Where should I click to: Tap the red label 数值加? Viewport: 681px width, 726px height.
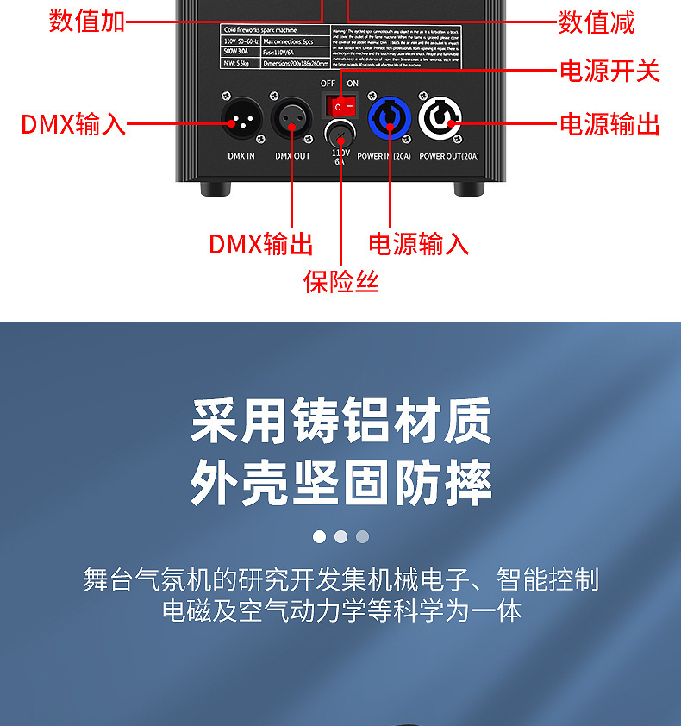point(87,22)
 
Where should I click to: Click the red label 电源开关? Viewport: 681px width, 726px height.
point(609,72)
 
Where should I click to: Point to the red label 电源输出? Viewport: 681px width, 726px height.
point(609,125)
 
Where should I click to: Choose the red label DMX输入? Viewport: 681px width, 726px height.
point(73,125)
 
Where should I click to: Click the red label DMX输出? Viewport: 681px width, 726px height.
point(260,244)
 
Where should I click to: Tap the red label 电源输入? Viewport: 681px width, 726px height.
point(419,244)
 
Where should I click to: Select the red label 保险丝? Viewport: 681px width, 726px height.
point(341,281)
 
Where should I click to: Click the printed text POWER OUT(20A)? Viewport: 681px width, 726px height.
point(448,157)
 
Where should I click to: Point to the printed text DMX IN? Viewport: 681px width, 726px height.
point(241,157)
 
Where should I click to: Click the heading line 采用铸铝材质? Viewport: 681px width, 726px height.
point(341,421)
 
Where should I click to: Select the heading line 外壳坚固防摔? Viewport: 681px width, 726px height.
point(341,483)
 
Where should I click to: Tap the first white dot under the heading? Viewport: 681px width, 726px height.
point(319,537)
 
